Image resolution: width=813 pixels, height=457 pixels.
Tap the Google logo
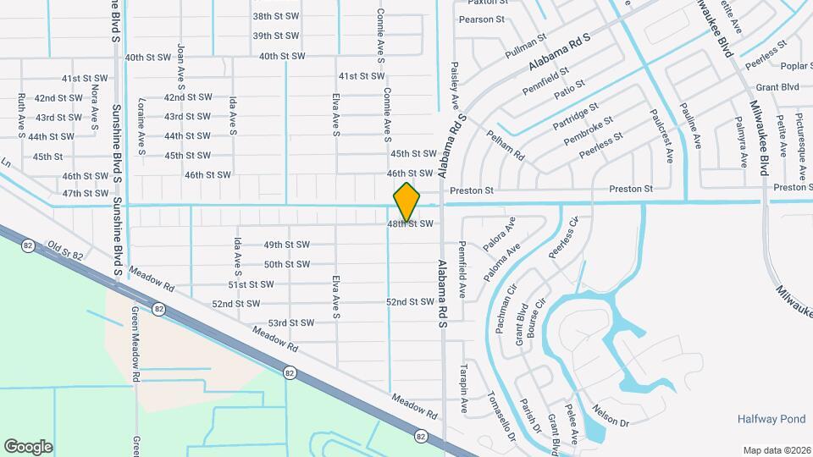(x=28, y=446)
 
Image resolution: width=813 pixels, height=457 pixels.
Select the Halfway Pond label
(x=771, y=419)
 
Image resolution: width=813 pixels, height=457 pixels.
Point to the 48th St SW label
(x=411, y=224)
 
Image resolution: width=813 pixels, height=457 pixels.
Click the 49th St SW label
(x=286, y=245)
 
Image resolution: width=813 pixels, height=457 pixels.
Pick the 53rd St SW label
(x=290, y=323)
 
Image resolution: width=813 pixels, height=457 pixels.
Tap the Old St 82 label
(x=65, y=250)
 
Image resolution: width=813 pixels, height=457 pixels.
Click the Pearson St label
(x=481, y=19)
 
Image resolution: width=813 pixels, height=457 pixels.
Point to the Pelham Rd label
(x=506, y=145)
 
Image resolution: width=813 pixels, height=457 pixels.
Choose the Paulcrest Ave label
(x=661, y=135)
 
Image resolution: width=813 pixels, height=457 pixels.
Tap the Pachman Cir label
(x=501, y=312)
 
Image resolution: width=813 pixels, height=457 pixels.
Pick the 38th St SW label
(x=276, y=16)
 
